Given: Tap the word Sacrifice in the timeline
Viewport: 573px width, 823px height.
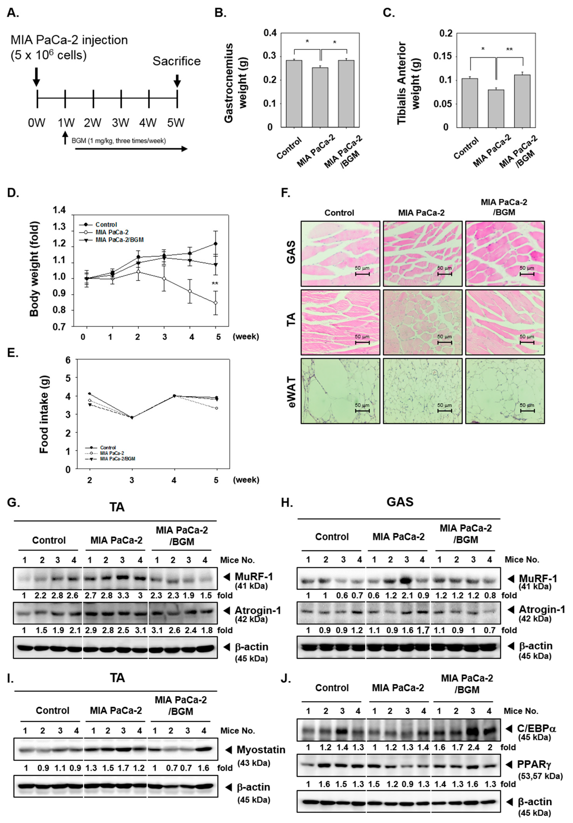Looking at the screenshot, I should coord(176,61).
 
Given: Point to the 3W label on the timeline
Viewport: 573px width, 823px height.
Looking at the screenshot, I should coord(120,123).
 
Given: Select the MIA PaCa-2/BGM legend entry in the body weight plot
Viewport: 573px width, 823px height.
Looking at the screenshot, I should coord(119,240).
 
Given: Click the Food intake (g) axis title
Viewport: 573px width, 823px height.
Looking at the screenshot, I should coord(44,414).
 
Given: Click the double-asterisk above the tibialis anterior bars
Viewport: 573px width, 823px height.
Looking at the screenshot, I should coord(509,49).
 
